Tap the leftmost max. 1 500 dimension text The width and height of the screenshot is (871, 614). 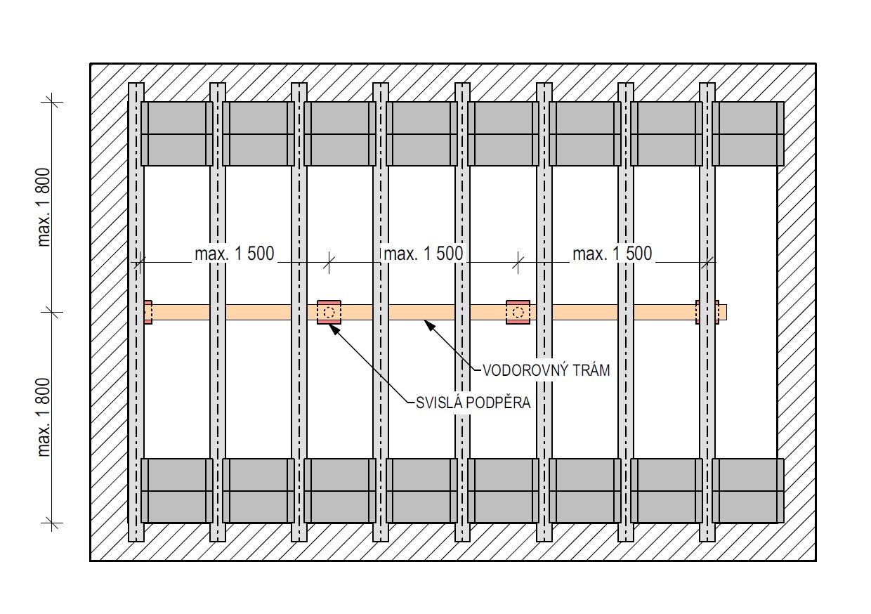coord(234,254)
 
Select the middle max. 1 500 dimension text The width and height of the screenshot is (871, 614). coord(422,254)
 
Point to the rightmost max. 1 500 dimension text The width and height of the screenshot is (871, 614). coord(613,254)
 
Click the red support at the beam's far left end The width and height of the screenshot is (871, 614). coord(148,312)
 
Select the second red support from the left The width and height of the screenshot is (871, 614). coord(329,312)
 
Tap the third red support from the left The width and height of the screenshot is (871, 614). coord(518,312)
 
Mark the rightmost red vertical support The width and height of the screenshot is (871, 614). coord(707,312)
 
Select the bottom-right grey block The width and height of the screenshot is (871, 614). coord(748,490)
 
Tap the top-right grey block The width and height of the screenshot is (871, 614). coord(748,133)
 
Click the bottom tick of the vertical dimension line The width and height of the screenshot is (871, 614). coord(51,522)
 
